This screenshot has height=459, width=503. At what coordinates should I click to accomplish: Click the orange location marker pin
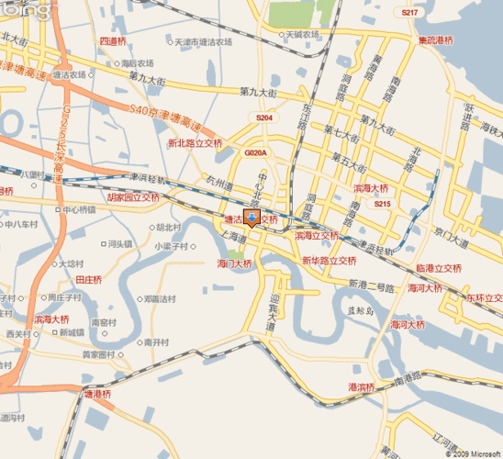254,218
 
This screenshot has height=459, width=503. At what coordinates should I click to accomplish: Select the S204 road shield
264,118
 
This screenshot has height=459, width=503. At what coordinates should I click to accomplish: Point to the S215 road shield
383,204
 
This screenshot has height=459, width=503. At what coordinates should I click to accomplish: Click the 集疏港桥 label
435,40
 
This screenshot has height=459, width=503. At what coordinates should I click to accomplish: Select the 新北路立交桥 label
195,143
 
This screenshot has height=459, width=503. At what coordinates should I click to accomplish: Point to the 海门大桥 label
234,263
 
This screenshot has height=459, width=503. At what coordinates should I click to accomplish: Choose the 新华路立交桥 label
329,261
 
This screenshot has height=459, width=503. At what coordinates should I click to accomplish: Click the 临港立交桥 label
438,268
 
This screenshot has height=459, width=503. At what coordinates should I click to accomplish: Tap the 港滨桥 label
362,386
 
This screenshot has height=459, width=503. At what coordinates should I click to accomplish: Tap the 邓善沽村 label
158,298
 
